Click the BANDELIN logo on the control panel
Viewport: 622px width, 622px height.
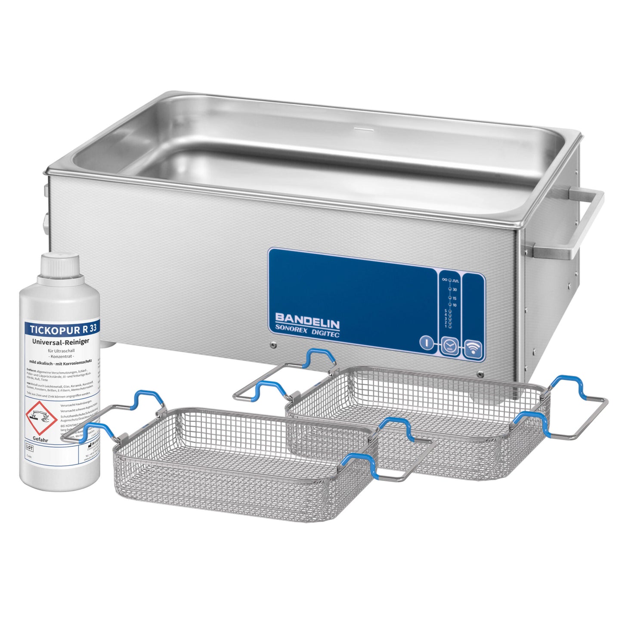click(x=307, y=320)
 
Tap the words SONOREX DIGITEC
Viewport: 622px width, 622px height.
click(x=307, y=331)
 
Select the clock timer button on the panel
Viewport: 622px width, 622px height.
click(x=449, y=345)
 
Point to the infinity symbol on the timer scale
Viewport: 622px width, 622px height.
click(x=445, y=279)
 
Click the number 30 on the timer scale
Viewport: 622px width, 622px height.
click(x=455, y=290)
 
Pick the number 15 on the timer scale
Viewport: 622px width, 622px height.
click(x=455, y=298)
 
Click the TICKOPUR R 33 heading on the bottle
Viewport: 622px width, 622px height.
click(x=63, y=329)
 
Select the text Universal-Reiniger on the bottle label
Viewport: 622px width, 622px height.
click(x=61, y=341)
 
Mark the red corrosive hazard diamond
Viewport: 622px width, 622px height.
click(x=41, y=417)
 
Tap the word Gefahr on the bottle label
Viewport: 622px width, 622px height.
click(x=40, y=440)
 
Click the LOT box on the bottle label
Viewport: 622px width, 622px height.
click(x=29, y=448)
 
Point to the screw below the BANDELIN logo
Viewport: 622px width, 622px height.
click(x=272, y=345)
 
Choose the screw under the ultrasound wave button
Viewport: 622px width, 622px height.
click(x=480, y=374)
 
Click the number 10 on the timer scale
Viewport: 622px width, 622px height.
click(x=455, y=305)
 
